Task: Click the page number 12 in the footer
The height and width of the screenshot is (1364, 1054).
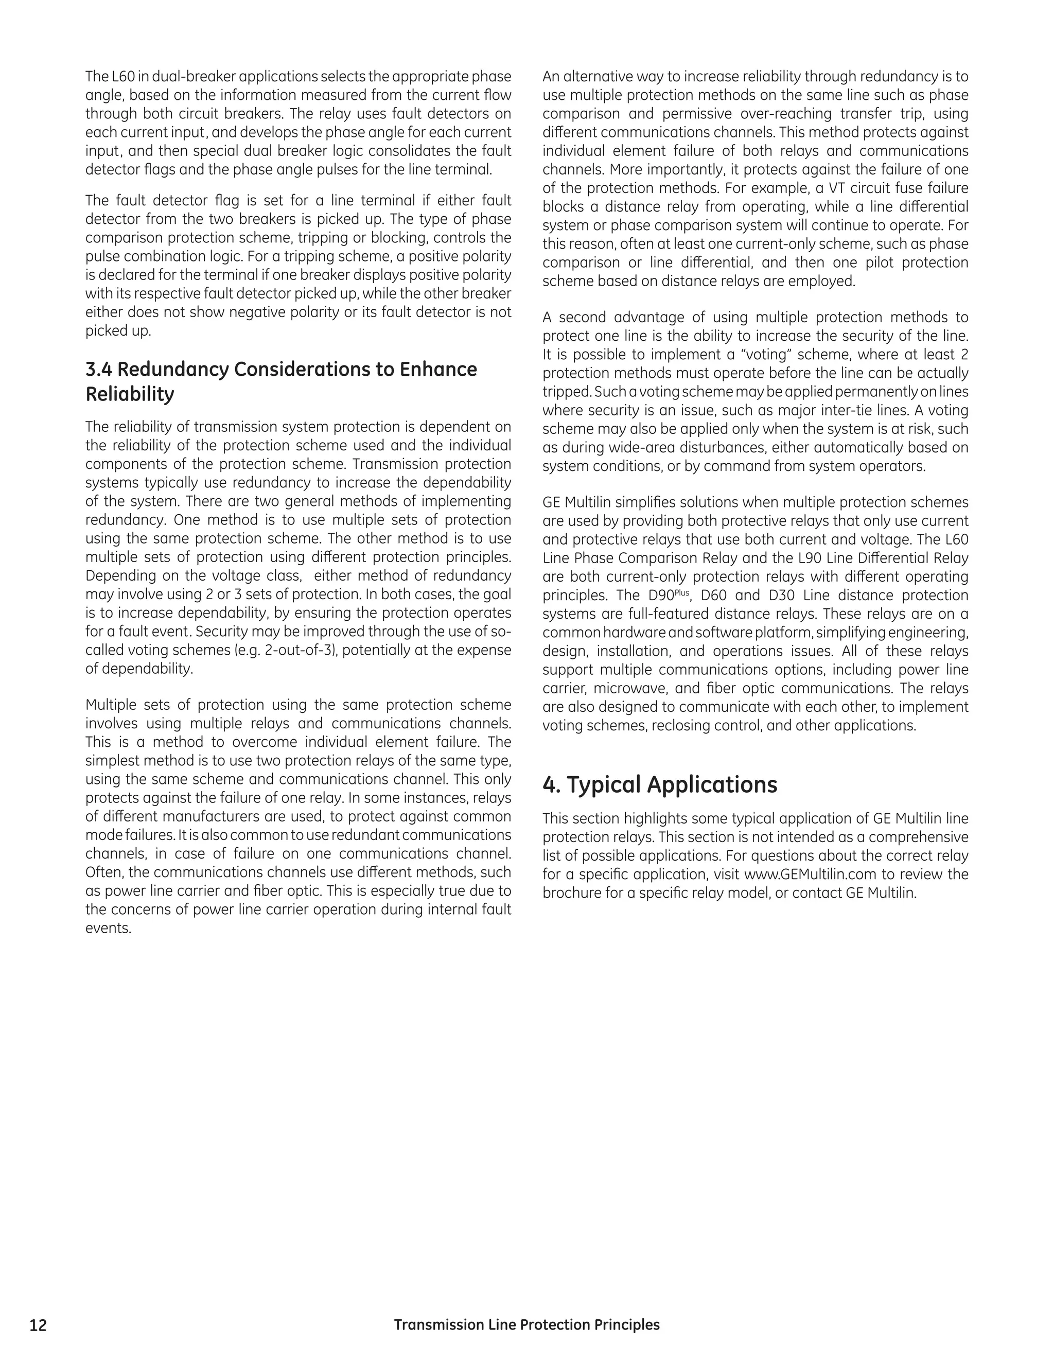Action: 38,1325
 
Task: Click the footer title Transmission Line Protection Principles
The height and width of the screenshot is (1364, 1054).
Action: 526,1324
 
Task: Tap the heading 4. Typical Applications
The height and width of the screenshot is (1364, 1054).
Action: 659,784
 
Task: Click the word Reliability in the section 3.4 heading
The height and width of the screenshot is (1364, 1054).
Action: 129,395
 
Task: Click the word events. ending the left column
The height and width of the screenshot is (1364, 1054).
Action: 108,928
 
